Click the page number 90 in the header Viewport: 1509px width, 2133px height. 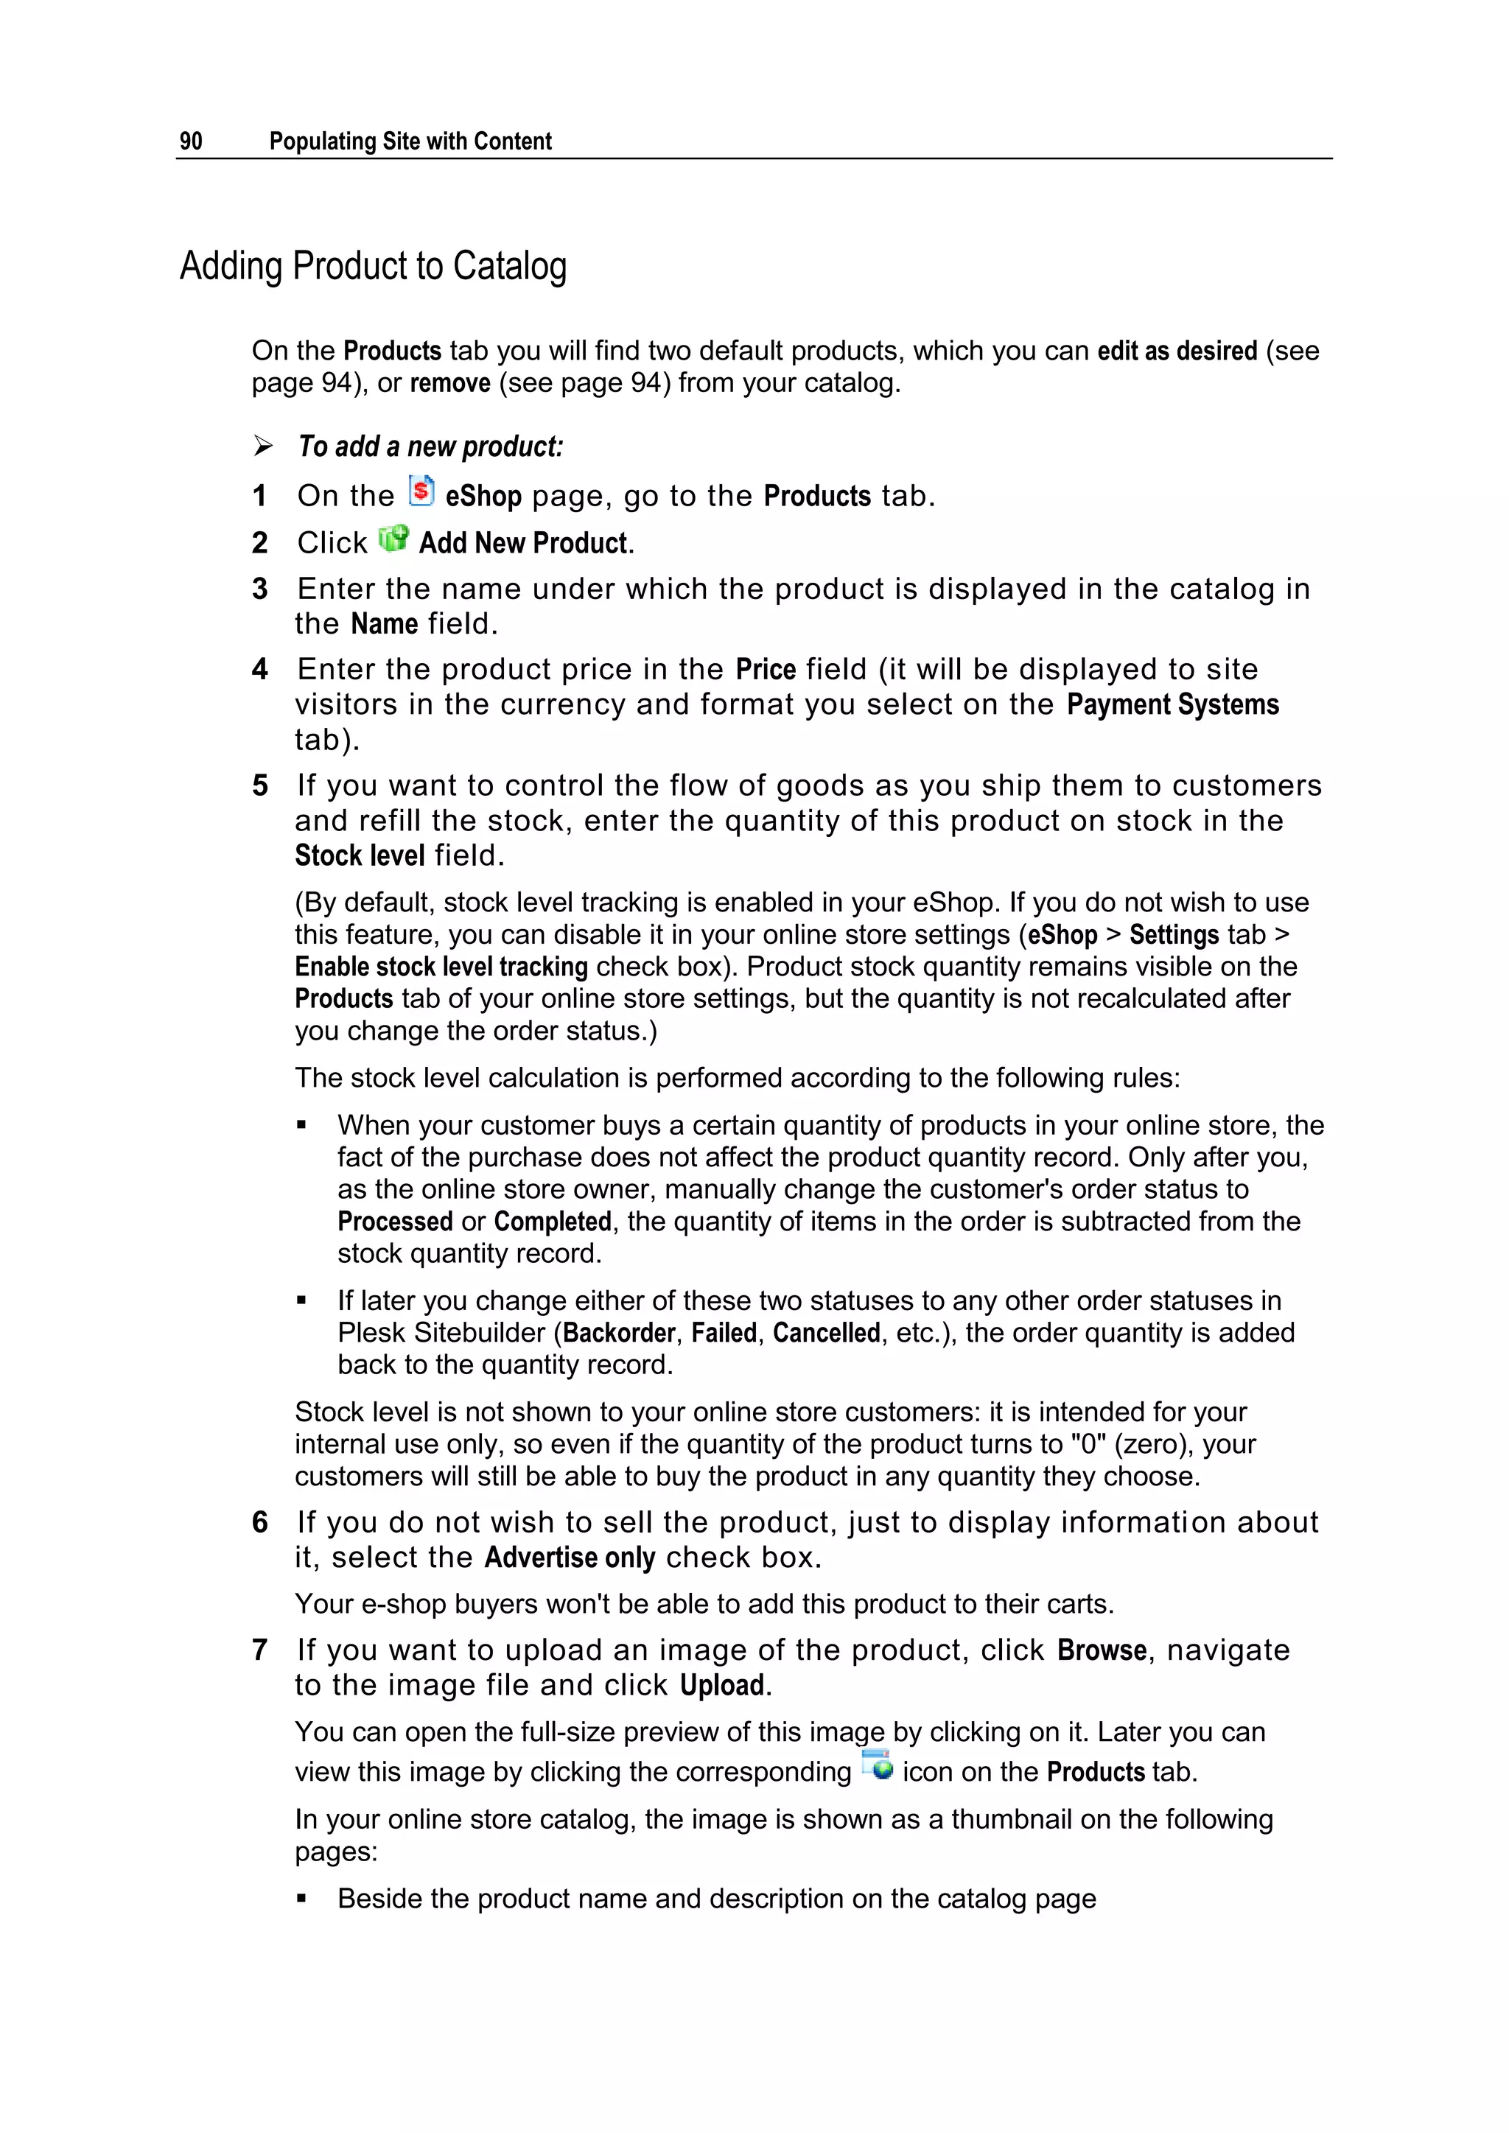(191, 141)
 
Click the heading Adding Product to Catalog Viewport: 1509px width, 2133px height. (373, 267)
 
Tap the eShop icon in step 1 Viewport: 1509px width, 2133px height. (421, 491)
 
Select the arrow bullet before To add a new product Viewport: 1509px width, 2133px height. (263, 446)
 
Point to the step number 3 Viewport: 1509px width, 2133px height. (260, 589)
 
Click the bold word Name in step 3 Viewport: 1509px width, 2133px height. (385, 624)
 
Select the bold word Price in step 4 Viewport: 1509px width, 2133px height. (766, 670)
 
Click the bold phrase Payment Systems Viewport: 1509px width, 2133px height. (1172, 705)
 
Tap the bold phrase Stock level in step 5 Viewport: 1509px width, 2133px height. (360, 855)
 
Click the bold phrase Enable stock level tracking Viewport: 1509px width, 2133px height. (441, 967)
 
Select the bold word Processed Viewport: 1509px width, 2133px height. (395, 1222)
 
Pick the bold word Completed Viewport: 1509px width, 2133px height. (552, 1222)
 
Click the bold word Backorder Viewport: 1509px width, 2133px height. (619, 1333)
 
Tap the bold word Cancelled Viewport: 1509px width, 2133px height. (826, 1333)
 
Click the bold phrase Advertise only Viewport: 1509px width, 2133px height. (570, 1558)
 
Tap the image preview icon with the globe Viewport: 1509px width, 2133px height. (876, 1765)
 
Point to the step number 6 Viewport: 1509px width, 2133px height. (260, 1523)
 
